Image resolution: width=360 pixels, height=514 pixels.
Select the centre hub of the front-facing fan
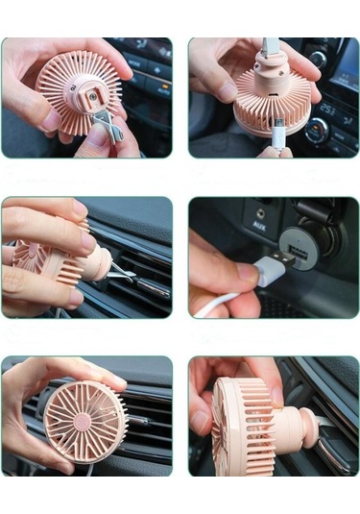click(85, 421)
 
